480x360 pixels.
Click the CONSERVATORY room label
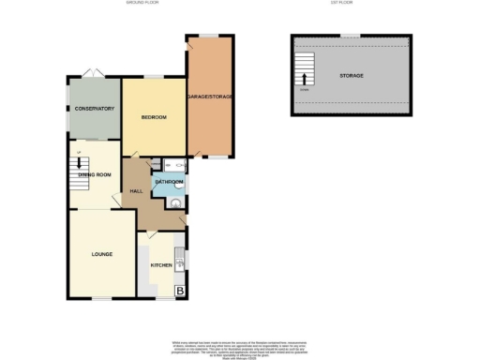click(x=94, y=109)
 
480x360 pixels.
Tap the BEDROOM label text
click(x=154, y=117)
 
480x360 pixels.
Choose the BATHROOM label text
click(x=168, y=181)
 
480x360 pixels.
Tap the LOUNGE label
click(x=101, y=254)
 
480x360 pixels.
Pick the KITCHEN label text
click(x=161, y=265)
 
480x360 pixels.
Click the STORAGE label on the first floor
click(x=352, y=75)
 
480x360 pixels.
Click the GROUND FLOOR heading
click(x=143, y=4)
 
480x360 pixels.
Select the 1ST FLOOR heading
click(x=352, y=4)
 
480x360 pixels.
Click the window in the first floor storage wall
click(x=350, y=36)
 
